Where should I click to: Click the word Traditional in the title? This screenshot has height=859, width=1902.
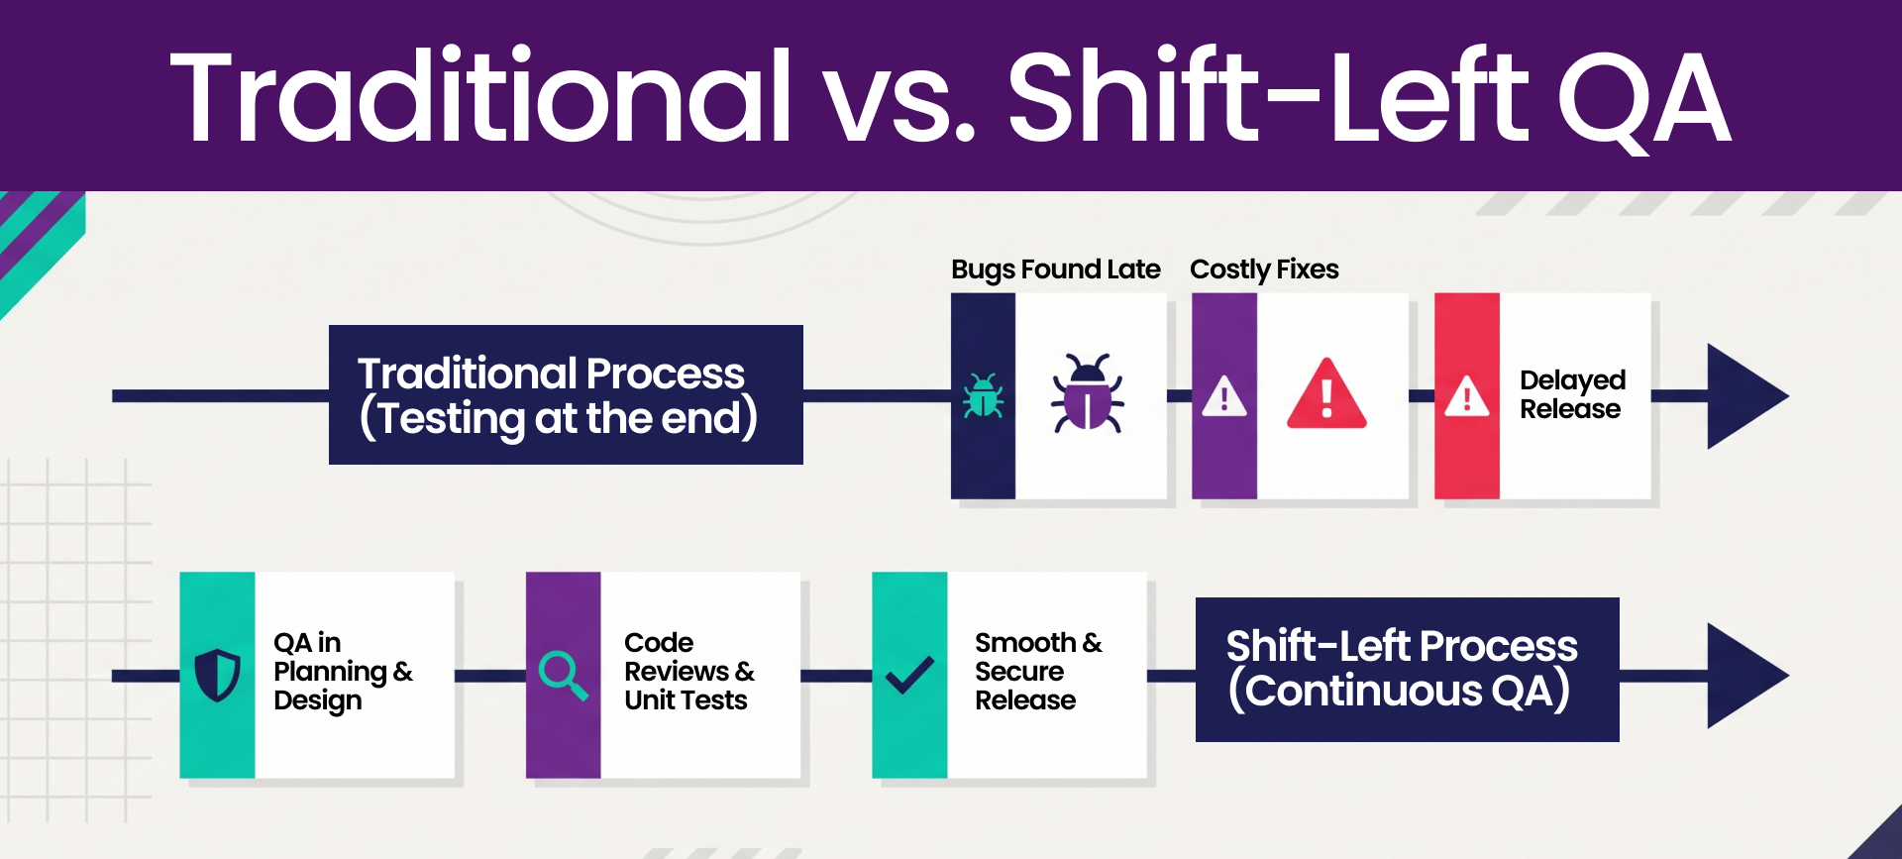481,97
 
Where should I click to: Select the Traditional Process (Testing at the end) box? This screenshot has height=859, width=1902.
566,394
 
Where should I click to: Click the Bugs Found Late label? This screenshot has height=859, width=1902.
1055,269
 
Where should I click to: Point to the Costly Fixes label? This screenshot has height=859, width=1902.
1264,269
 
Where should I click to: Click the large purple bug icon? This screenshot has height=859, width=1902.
1088,393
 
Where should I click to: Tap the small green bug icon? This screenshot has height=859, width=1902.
983,395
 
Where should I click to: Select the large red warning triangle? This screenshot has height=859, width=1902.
1327,393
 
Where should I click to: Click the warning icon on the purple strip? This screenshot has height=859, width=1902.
1224,396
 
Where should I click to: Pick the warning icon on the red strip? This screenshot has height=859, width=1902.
1467,396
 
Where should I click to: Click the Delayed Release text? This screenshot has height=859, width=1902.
1572,394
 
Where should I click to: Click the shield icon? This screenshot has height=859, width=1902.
218,675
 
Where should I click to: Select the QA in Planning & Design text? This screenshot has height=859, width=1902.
343,672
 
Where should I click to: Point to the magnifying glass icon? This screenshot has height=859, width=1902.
564,676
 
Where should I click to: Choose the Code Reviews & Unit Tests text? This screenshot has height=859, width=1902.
689,672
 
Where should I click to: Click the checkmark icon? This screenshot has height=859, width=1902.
909,675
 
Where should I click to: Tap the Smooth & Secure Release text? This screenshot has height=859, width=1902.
1038,672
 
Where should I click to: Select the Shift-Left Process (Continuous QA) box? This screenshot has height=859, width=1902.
1408,670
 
